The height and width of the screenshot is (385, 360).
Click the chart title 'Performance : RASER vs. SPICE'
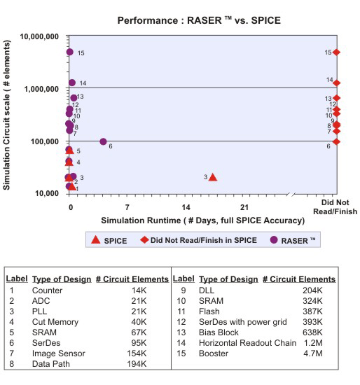point(199,20)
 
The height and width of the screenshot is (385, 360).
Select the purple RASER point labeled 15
point(70,52)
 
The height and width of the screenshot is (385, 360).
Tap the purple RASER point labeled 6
point(103,141)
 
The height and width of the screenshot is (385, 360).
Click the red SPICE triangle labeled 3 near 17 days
point(213,177)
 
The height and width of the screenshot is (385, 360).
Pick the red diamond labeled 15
point(336,52)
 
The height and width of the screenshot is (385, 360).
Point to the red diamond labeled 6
point(336,141)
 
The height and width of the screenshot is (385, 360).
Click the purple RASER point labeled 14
point(72,83)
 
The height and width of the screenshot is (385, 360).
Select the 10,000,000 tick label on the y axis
point(39,36)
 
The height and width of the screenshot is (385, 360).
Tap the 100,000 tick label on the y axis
point(45,141)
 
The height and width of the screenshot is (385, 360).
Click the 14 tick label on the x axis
point(186,207)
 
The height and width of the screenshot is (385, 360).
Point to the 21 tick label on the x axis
point(244,207)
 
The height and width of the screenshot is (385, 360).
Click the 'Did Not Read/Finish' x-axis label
point(335,207)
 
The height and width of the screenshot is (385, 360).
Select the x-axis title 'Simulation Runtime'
point(202,220)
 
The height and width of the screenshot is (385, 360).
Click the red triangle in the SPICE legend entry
point(95,239)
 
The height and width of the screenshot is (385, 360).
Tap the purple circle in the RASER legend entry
point(274,239)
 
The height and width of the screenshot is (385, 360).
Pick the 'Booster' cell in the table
point(214,353)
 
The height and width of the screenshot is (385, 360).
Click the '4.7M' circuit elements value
point(313,353)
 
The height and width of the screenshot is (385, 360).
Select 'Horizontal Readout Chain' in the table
point(248,343)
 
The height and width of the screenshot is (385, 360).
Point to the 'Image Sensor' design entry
point(59,353)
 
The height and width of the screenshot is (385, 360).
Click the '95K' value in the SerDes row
point(139,343)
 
